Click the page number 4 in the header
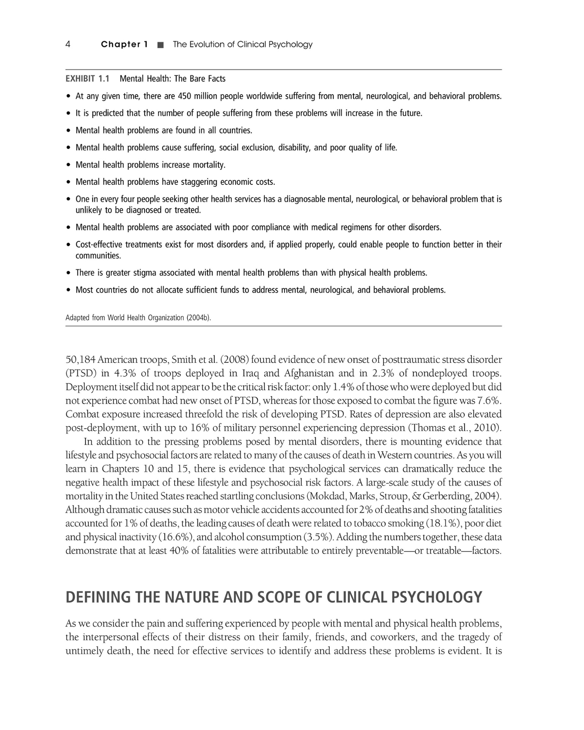pyautogui.click(x=68, y=44)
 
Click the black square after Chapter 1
pyautogui.click(x=160, y=45)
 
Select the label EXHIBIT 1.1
pyautogui.click(x=87, y=79)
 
